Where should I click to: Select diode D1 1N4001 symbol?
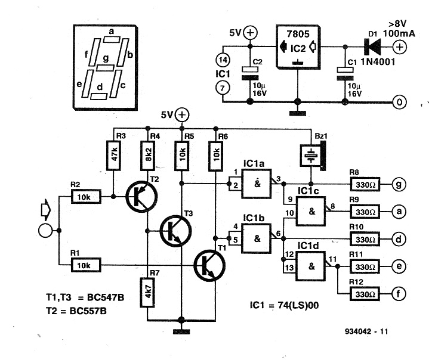coord(370,46)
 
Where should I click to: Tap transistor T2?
coord(141,196)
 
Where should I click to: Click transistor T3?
coord(175,229)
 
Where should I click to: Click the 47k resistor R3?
coord(113,156)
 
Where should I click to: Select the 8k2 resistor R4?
coord(147,156)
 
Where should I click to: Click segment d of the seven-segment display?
coord(99,95)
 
